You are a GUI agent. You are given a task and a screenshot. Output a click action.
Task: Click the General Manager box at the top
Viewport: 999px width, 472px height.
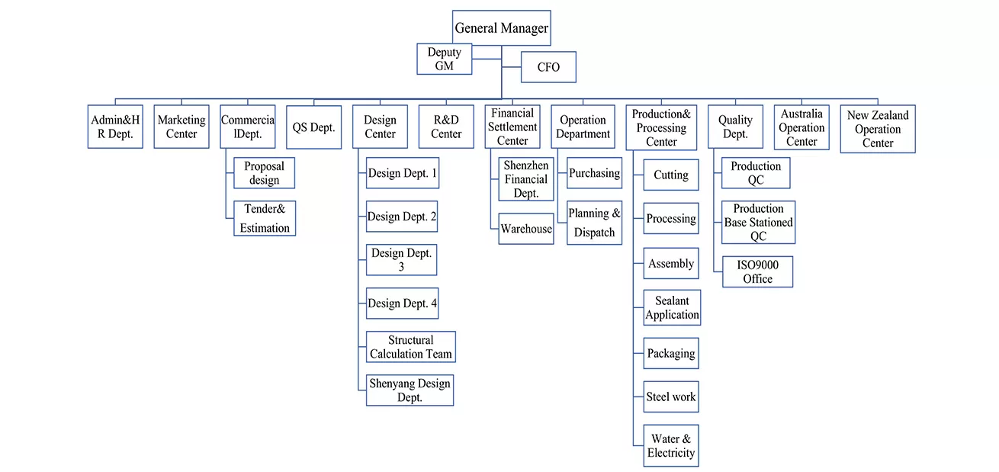(501, 28)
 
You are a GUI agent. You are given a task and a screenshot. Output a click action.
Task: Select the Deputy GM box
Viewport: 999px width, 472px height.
(445, 59)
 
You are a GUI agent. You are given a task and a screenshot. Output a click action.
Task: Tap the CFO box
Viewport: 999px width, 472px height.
(548, 67)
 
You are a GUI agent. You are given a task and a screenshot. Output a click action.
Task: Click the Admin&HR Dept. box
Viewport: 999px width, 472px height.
(115, 127)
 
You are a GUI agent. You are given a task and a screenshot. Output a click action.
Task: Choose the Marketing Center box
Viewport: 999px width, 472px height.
(181, 127)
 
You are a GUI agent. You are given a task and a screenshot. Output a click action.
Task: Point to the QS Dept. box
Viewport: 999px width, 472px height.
(313, 127)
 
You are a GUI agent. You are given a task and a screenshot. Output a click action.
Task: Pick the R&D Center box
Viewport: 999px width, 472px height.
(446, 127)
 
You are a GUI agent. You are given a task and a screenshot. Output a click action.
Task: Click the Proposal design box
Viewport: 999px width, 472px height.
(264, 173)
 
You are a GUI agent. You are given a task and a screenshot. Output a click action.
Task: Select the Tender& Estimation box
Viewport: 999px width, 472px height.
(265, 218)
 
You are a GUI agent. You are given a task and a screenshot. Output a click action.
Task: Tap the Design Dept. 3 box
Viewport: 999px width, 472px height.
(401, 259)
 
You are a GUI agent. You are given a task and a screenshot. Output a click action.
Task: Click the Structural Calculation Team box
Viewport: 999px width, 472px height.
(410, 347)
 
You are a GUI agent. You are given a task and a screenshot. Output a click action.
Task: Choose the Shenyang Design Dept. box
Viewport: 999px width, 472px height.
(410, 390)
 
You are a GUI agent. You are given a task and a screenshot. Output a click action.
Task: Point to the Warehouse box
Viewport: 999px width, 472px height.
(526, 229)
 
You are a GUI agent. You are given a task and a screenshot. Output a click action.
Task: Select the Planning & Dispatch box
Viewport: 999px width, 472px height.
(594, 223)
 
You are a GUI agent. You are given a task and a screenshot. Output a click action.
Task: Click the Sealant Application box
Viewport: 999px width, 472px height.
(671, 308)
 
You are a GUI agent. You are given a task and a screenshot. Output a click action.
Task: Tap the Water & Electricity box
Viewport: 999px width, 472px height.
(670, 445)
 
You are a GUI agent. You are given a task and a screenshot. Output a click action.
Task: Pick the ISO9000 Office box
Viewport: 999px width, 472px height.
(757, 271)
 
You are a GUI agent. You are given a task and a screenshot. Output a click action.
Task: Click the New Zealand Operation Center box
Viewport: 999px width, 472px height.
(877, 129)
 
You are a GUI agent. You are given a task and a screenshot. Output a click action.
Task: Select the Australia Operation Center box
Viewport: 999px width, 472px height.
(801, 127)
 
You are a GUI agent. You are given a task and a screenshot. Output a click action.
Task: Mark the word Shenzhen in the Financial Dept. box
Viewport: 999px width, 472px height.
(526, 165)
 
